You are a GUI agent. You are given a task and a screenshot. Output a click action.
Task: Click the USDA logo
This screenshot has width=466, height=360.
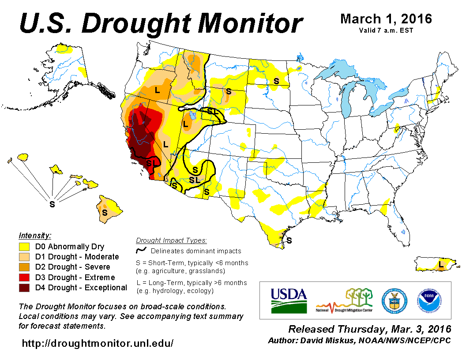point(289,300)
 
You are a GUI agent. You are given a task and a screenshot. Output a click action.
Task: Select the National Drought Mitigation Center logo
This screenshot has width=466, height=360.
point(345,300)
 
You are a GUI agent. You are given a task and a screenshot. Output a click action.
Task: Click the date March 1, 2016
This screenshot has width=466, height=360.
point(386,19)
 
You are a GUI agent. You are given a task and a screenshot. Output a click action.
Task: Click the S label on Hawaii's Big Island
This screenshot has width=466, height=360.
point(105,213)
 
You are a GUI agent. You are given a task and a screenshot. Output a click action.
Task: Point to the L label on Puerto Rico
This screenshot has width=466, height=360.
point(441,264)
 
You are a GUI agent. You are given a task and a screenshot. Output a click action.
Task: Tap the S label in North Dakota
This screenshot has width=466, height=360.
point(276,81)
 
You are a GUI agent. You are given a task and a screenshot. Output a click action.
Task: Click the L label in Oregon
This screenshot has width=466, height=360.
point(157,90)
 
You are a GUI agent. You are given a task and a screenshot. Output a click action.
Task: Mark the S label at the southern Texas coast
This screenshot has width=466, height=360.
point(289,240)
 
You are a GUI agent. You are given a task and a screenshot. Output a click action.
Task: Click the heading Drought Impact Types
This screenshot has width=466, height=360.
point(171,240)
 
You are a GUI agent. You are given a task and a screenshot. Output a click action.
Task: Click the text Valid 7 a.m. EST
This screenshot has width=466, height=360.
point(386,30)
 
